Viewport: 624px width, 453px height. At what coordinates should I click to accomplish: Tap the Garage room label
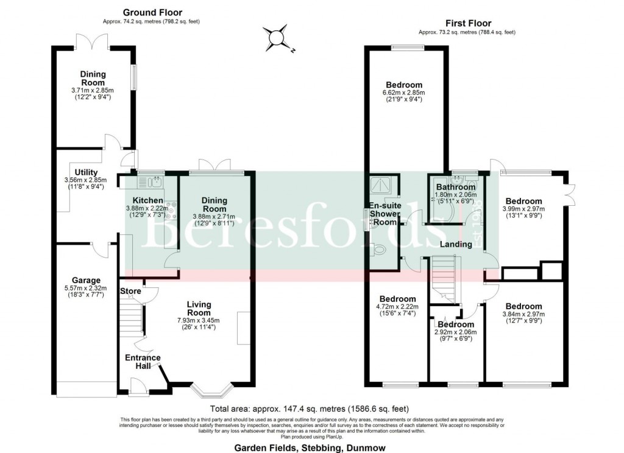85,281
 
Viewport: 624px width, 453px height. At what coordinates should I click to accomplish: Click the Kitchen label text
147,200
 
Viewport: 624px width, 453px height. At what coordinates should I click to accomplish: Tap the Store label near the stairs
130,291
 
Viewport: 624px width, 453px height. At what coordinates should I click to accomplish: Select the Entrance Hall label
143,361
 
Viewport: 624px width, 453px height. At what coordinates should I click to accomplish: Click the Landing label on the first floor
456,244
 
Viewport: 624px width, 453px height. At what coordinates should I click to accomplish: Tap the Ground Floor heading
152,12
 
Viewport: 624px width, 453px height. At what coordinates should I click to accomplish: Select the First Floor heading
467,23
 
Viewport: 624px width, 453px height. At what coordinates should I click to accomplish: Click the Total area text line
309,409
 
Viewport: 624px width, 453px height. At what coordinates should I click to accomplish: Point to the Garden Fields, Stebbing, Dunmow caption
309,447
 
